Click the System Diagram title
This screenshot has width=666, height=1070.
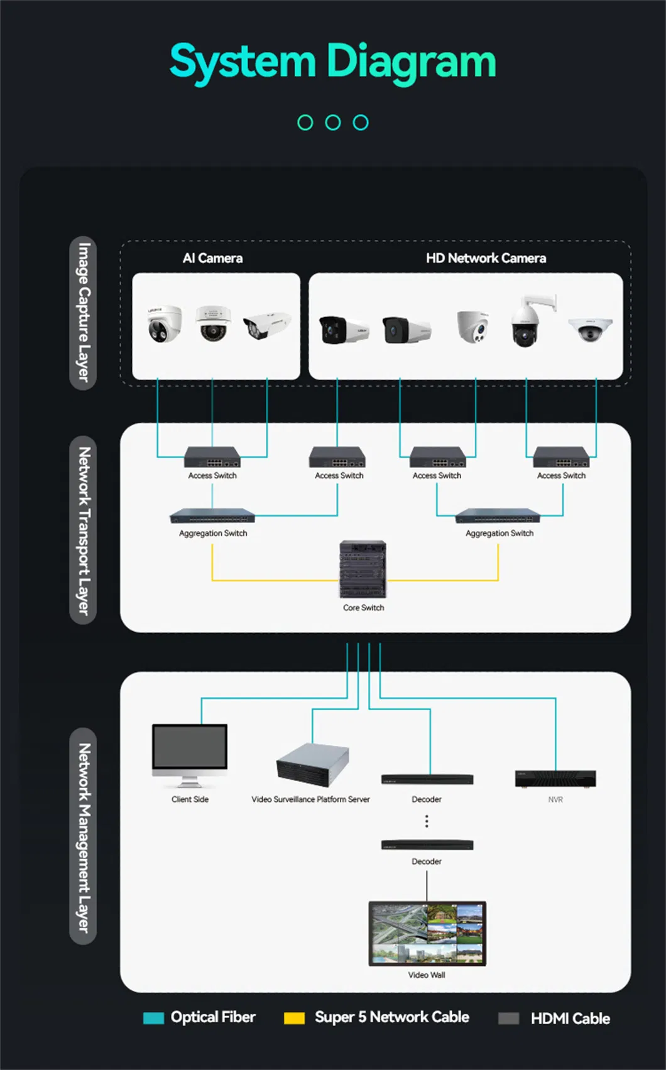click(x=333, y=62)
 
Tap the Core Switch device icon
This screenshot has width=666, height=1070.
click(x=363, y=569)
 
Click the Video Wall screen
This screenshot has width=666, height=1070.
click(x=427, y=933)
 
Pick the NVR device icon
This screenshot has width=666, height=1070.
click(x=555, y=779)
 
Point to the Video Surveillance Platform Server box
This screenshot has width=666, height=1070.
click(x=312, y=764)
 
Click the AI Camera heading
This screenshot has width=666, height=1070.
click(x=212, y=258)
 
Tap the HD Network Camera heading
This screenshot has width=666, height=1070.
click(x=486, y=258)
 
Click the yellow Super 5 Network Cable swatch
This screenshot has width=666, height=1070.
click(x=294, y=1018)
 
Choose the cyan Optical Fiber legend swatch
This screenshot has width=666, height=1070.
click(x=153, y=1018)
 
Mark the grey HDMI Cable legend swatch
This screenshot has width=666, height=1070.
click(x=508, y=1019)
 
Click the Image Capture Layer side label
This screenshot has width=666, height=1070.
click(x=83, y=313)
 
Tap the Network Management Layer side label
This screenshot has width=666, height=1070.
click(x=83, y=836)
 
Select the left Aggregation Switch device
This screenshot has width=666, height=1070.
click(x=212, y=516)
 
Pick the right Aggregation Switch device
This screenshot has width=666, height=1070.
click(x=498, y=516)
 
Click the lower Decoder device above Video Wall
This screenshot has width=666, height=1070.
click(x=427, y=845)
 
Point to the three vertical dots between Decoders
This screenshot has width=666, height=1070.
click(x=427, y=821)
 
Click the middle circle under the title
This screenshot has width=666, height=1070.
click(x=333, y=122)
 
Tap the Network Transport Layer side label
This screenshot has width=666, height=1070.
click(x=83, y=530)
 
